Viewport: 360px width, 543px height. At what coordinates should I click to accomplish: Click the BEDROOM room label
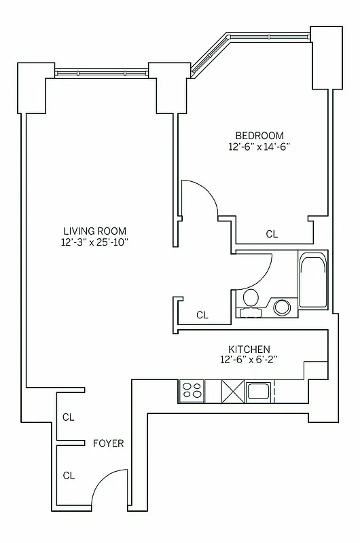[x=259, y=135]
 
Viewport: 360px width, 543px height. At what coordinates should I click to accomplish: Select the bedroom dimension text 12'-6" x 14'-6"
[x=259, y=146]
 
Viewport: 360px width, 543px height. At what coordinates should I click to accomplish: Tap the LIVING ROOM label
[x=95, y=231]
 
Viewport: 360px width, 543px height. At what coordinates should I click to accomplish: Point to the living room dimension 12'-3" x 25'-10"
[x=95, y=242]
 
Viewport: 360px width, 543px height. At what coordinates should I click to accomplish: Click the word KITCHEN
[x=249, y=348]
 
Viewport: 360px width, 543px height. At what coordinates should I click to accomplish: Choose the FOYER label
[x=109, y=443]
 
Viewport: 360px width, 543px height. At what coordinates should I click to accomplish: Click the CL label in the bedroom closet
[x=272, y=234]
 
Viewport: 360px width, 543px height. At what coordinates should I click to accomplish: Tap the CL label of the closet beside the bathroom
[x=202, y=315]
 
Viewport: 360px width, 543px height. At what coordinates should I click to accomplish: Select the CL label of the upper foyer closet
[x=69, y=417]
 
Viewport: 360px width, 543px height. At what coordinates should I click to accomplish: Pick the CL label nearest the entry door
[x=69, y=475]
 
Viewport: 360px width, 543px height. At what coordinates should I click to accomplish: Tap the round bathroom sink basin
[x=281, y=307]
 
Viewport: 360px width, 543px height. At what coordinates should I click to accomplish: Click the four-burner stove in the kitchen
[x=192, y=391]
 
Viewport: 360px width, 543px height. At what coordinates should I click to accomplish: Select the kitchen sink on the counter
[x=259, y=390]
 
